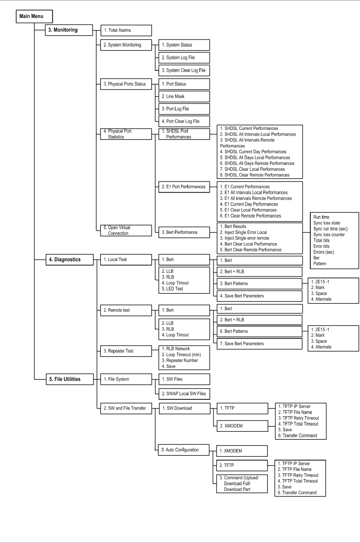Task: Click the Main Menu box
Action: click(34, 16)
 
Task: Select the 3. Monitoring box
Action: click(69, 30)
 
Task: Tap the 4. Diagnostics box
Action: click(69, 260)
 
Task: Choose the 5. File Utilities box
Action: click(69, 379)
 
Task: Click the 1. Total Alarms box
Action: click(126, 31)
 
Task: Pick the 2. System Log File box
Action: click(184, 58)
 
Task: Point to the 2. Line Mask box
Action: click(184, 97)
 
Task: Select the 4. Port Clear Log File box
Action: click(184, 122)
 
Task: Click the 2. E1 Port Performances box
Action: click(184, 187)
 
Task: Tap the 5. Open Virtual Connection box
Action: click(126, 230)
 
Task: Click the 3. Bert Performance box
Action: click(184, 232)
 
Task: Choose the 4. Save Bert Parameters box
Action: click(259, 296)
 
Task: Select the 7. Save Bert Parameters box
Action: click(259, 344)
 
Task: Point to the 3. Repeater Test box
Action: click(126, 351)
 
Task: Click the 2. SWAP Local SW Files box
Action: click(184, 394)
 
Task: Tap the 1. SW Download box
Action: click(184, 408)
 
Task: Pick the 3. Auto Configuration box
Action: click(184, 450)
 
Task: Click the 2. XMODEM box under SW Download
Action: click(242, 426)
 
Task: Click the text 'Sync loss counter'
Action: click(329, 235)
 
